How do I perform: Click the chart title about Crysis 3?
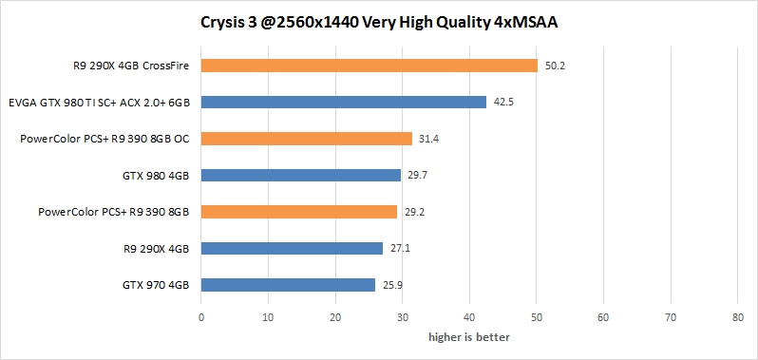point(379,22)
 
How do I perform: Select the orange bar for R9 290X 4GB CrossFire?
point(370,66)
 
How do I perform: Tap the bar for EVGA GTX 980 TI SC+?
point(344,102)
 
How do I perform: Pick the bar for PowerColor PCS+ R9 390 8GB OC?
point(307,139)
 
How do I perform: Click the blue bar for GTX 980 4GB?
point(301,175)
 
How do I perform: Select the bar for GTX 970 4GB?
point(289,284)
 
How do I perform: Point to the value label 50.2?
point(556,66)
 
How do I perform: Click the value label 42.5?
point(504,103)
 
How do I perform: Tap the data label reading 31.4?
point(429,139)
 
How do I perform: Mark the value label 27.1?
point(401,248)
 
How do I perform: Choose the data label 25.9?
point(393,285)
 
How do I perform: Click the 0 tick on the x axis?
point(201,318)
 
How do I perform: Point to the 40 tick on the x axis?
point(469,318)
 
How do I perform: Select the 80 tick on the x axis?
point(738,318)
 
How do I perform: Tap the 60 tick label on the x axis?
point(604,318)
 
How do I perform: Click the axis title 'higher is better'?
point(469,337)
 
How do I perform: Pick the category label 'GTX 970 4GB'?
point(156,285)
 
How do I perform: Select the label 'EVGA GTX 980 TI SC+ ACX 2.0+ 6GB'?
point(99,103)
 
